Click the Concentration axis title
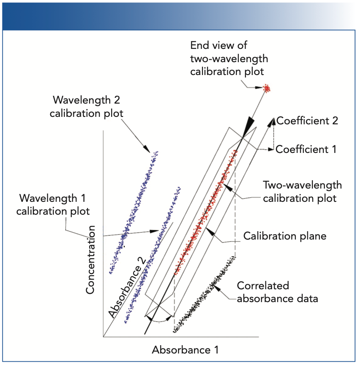pyautogui.click(x=91, y=260)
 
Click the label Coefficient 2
pyautogui.click(x=307, y=121)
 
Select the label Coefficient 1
pyautogui.click(x=306, y=149)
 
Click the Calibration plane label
pyautogui.click(x=285, y=236)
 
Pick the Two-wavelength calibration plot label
pyautogui.click(x=302, y=191)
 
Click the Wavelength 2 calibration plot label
pyautogui.click(x=86, y=107)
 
